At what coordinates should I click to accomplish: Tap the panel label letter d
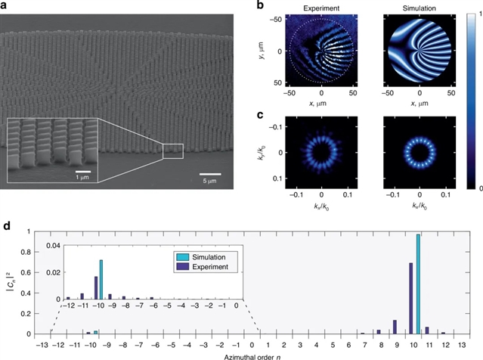[x=7, y=225]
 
